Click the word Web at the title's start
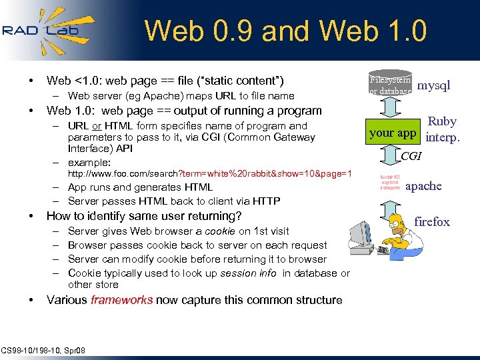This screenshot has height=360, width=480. click(x=169, y=31)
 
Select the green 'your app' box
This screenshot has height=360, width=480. click(x=393, y=133)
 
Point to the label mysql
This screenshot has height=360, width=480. click(x=433, y=85)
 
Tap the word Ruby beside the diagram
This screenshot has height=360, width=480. click(x=442, y=121)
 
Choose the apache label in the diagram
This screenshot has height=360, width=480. click(x=423, y=186)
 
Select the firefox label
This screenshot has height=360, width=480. click(x=432, y=222)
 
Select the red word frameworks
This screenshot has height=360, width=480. click(x=122, y=300)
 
